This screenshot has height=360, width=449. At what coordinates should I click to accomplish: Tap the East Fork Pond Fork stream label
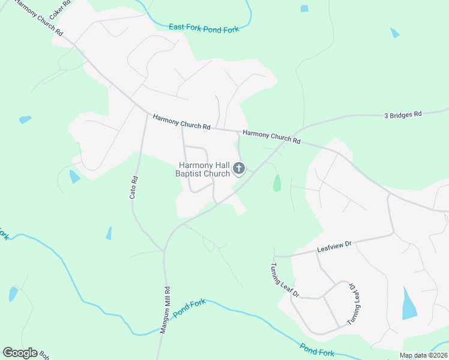pos(203,28)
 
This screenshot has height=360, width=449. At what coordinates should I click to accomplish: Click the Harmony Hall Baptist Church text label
pos(203,169)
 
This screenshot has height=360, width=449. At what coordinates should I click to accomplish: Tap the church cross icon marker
pos(239,169)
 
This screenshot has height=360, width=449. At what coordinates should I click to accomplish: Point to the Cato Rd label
pos(134,187)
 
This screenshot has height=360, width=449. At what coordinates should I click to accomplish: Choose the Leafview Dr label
pos(334,245)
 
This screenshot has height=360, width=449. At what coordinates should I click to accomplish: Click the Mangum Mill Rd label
pos(164,309)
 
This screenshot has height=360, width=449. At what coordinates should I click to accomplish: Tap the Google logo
pos(20,353)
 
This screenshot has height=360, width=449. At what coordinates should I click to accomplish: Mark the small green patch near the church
pos(277,182)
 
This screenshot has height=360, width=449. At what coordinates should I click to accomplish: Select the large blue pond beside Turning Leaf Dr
pos(408,304)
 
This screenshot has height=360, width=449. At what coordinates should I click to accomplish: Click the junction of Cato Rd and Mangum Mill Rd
pos(163,250)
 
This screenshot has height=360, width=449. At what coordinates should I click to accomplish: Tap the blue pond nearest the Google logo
pos(13,294)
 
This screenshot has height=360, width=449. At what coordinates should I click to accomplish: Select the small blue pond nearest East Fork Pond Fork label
pos(304,8)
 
